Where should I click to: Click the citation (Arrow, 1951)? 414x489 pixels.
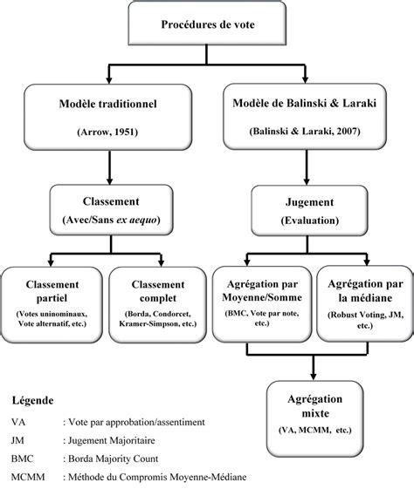point(109,132)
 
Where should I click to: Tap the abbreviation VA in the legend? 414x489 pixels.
point(18,422)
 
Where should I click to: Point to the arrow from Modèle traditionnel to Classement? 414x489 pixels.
point(109,166)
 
